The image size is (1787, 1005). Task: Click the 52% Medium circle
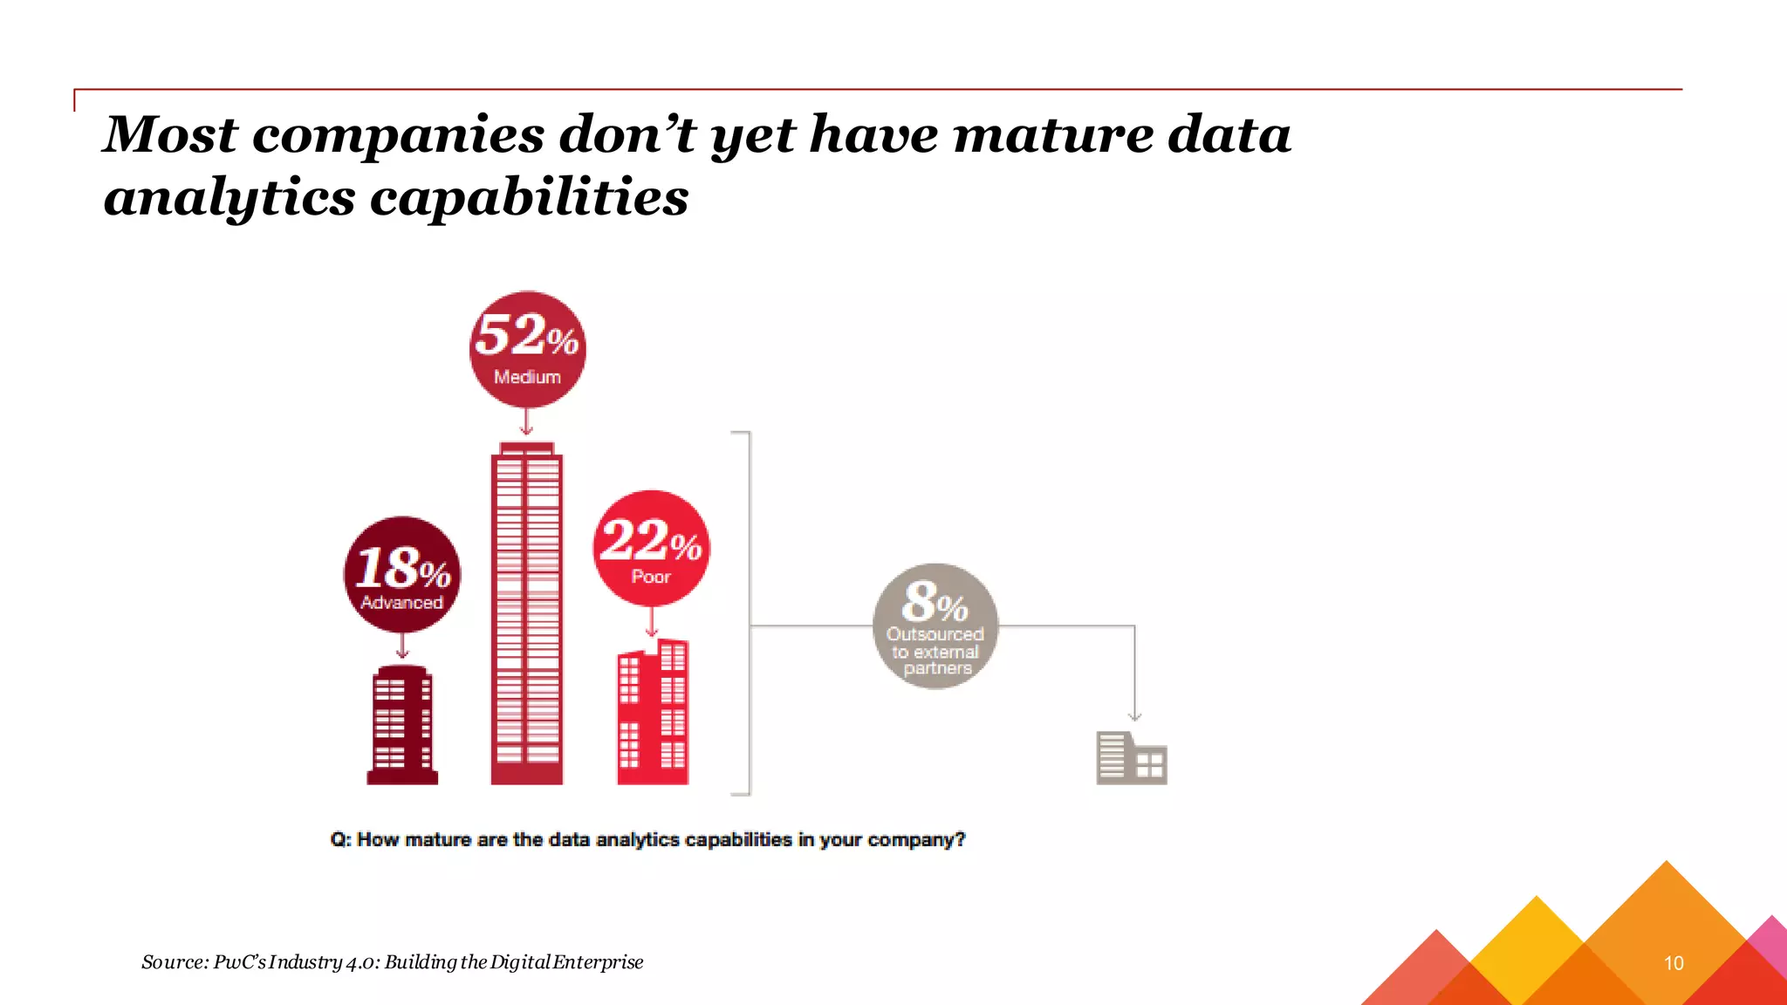point(527,349)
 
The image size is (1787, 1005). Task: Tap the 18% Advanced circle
point(402,574)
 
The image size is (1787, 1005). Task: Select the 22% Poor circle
point(652,548)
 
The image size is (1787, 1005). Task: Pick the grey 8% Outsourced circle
point(935,626)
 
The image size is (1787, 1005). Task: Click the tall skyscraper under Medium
point(526,614)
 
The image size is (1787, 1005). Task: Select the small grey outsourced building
point(1131,758)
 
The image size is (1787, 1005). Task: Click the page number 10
point(1674,963)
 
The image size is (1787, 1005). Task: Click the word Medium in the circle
point(527,377)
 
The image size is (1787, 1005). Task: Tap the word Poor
point(651,577)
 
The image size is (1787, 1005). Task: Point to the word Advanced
point(402,602)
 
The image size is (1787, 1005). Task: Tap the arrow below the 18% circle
point(402,646)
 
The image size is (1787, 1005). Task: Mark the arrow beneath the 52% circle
point(526,422)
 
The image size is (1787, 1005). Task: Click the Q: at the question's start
point(340,839)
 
